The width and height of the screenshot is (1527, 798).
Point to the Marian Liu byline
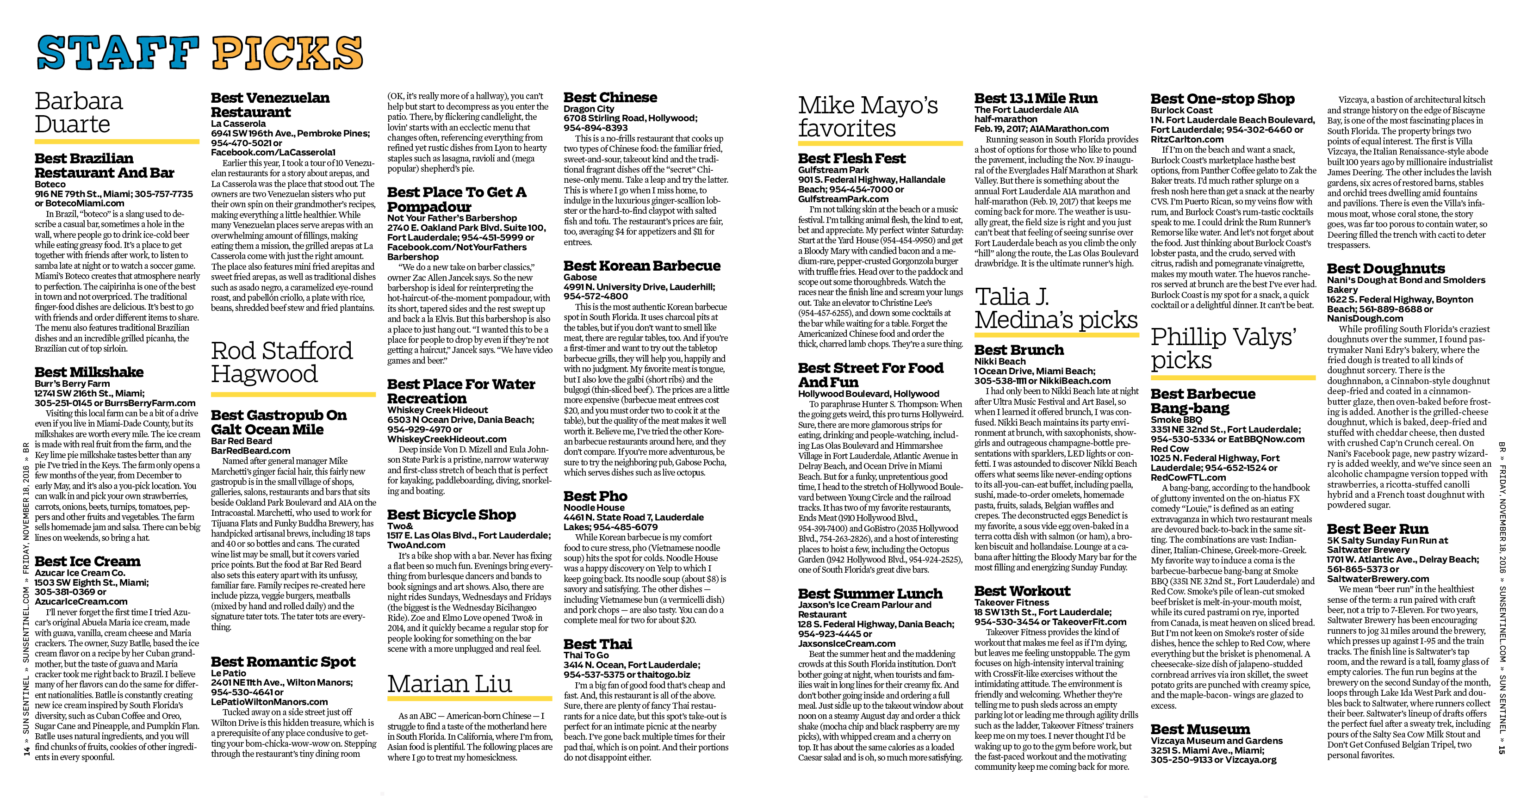[x=449, y=684]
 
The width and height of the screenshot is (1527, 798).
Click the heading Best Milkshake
[x=89, y=372]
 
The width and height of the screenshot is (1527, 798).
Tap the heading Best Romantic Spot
[x=283, y=661]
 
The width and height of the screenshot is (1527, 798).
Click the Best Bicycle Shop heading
[x=451, y=514]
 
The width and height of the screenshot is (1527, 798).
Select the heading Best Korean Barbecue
[x=642, y=266]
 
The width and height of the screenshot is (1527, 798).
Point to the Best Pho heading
[x=595, y=496]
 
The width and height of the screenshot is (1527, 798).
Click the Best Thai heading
[x=597, y=644]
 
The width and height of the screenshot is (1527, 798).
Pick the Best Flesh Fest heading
[x=851, y=158]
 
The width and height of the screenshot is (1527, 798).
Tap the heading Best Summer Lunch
[x=869, y=594]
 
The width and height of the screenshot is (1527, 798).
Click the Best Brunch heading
[x=1019, y=350]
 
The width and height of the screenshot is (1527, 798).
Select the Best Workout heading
[x=1022, y=591]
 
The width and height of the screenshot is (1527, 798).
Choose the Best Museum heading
[x=1200, y=729]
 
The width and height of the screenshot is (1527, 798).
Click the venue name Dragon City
[x=589, y=109]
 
